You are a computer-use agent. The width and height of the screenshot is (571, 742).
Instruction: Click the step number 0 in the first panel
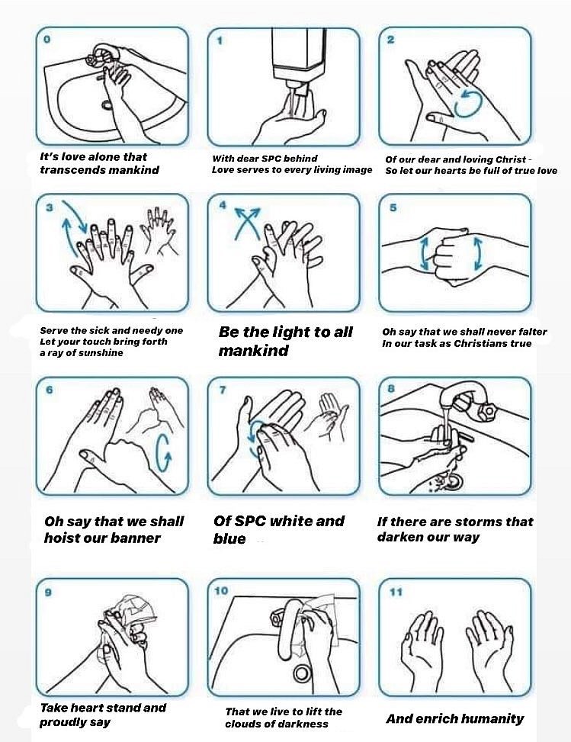tap(47, 40)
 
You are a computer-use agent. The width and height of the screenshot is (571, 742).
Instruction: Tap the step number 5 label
tap(393, 207)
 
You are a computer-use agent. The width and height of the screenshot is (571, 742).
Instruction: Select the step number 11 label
tap(396, 592)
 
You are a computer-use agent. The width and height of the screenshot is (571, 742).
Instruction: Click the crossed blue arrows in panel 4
tap(248, 223)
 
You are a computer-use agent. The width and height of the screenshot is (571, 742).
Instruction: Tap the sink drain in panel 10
tap(301, 673)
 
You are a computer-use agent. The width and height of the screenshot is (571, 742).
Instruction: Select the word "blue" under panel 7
tap(229, 538)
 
